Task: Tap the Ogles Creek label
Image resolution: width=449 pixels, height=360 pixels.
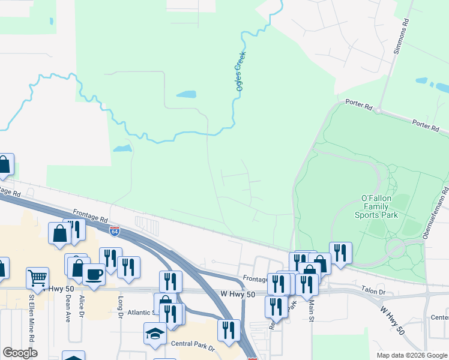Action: pyautogui.click(x=241, y=71)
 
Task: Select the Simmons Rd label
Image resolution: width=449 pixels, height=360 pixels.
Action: pyautogui.click(x=401, y=37)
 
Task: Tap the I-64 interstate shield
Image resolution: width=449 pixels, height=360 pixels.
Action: pyautogui.click(x=115, y=230)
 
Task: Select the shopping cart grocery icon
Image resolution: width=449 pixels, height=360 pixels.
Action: pyautogui.click(x=37, y=278)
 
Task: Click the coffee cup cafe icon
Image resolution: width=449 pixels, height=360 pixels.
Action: pyautogui.click(x=93, y=274)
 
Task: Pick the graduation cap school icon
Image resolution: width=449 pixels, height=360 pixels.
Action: pyautogui.click(x=155, y=334)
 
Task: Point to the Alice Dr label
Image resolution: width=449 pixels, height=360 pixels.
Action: pyautogui.click(x=82, y=306)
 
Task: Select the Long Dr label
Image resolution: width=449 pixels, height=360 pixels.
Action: pyautogui.click(x=121, y=307)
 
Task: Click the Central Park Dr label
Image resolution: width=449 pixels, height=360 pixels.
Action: pyautogui.click(x=188, y=344)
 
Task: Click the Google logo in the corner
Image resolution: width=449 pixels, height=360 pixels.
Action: pyautogui.click(x=20, y=353)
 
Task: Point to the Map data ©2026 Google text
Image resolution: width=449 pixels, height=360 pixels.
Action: pyautogui.click(x=411, y=355)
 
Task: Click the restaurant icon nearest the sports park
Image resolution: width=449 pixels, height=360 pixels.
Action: pyautogui.click(x=340, y=253)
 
